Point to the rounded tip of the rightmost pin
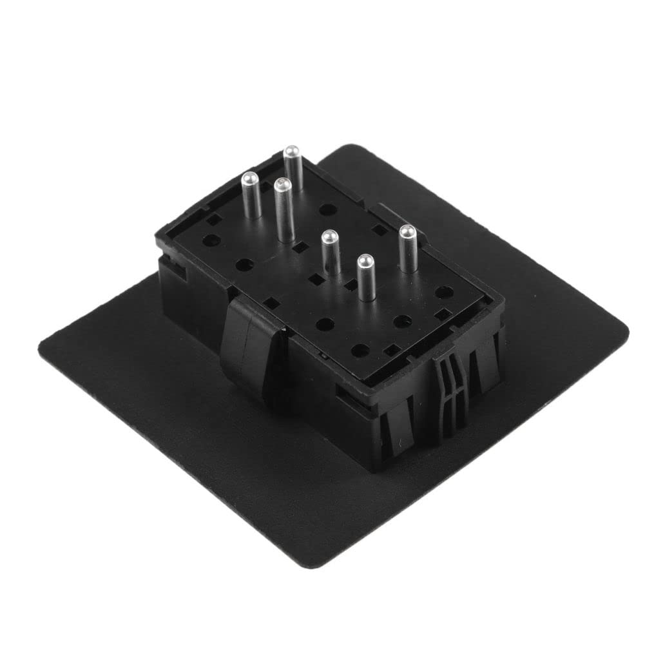(407, 230)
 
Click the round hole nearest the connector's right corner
(443, 291)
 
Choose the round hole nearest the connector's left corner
(209, 240)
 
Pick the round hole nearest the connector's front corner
(361, 350)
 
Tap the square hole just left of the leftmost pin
(211, 220)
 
